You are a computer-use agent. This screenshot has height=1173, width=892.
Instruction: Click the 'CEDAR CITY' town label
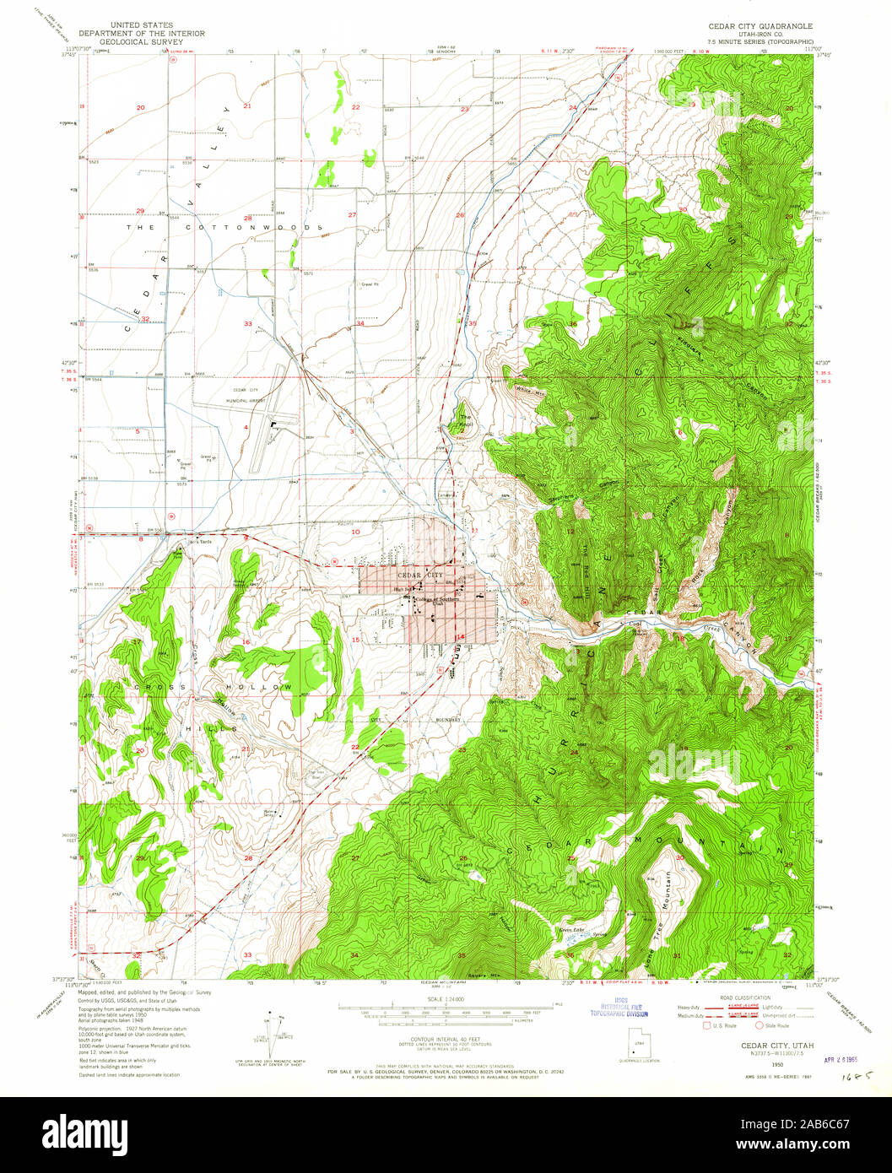(424, 575)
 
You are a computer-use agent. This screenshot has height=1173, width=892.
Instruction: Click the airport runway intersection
(272, 426)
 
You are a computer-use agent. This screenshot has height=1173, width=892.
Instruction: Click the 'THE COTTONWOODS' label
(224, 228)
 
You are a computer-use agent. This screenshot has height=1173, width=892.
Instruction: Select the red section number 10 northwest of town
(356, 532)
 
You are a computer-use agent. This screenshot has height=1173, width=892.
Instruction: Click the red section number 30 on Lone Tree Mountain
(679, 857)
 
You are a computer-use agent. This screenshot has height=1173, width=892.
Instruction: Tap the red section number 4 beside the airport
(246, 428)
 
